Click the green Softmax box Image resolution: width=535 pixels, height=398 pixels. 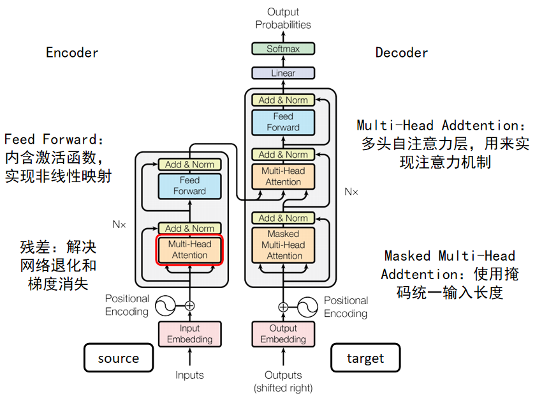click(283, 49)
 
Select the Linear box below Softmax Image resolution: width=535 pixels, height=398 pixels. click(283, 73)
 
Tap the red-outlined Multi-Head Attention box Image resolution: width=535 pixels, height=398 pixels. click(189, 250)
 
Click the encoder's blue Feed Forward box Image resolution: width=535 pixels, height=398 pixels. click(189, 186)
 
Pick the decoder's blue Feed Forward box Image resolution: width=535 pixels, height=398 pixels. click(283, 122)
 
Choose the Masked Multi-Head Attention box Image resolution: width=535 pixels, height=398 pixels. click(283, 245)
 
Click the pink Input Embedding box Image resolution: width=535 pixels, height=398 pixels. click(189, 334)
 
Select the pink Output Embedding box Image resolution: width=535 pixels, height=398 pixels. click(283, 334)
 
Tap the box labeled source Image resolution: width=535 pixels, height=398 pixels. click(119, 358)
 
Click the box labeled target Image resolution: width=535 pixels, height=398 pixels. click(365, 358)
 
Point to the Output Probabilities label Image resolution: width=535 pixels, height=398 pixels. click(283, 19)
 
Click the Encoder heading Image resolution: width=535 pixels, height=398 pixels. click(72, 53)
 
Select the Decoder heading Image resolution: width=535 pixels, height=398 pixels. click(402, 53)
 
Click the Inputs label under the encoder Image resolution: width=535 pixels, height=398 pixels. click(189, 376)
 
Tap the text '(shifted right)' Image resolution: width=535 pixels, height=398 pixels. click(283, 388)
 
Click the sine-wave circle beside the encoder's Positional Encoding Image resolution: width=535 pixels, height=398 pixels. click(163, 306)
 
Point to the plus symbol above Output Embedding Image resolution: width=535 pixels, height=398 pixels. click(283, 307)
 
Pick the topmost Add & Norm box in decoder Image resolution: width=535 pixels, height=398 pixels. click(283, 100)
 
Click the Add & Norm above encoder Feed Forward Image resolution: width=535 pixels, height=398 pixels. click(189, 165)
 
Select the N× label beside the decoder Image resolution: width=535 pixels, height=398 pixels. click(351, 191)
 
